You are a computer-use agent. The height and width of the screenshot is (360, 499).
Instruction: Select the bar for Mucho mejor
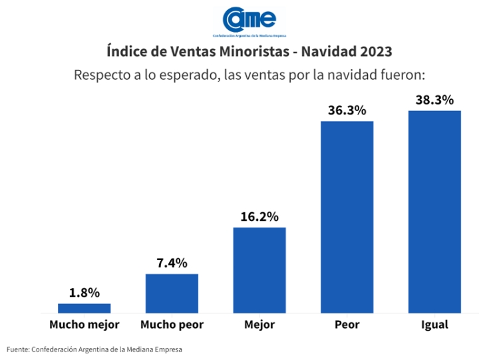(x=84, y=308)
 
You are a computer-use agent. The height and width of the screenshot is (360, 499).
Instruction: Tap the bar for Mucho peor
(x=172, y=293)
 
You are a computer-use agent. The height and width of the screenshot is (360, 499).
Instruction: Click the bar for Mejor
(x=259, y=270)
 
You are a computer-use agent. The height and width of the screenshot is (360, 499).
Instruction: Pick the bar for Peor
(x=347, y=216)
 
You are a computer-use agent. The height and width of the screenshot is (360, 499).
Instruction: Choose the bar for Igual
(x=434, y=211)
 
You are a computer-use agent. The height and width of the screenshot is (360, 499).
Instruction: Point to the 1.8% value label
(x=84, y=292)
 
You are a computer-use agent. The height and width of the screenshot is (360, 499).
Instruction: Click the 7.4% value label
(x=172, y=263)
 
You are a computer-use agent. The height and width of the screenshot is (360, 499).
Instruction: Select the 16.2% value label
(x=259, y=216)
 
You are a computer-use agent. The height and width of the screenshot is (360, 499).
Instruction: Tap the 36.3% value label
(x=347, y=110)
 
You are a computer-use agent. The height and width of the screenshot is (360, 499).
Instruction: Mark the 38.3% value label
(x=434, y=100)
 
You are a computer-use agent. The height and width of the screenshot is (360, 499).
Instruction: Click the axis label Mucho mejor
(x=84, y=325)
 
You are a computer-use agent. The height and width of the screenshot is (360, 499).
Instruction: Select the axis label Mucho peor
(x=172, y=325)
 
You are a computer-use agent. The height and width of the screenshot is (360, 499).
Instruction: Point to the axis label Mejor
(x=259, y=325)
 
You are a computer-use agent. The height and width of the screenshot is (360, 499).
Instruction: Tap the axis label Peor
(x=347, y=325)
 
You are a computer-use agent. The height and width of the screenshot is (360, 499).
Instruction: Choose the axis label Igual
(x=434, y=325)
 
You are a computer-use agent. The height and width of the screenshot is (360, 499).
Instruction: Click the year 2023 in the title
(x=374, y=51)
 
